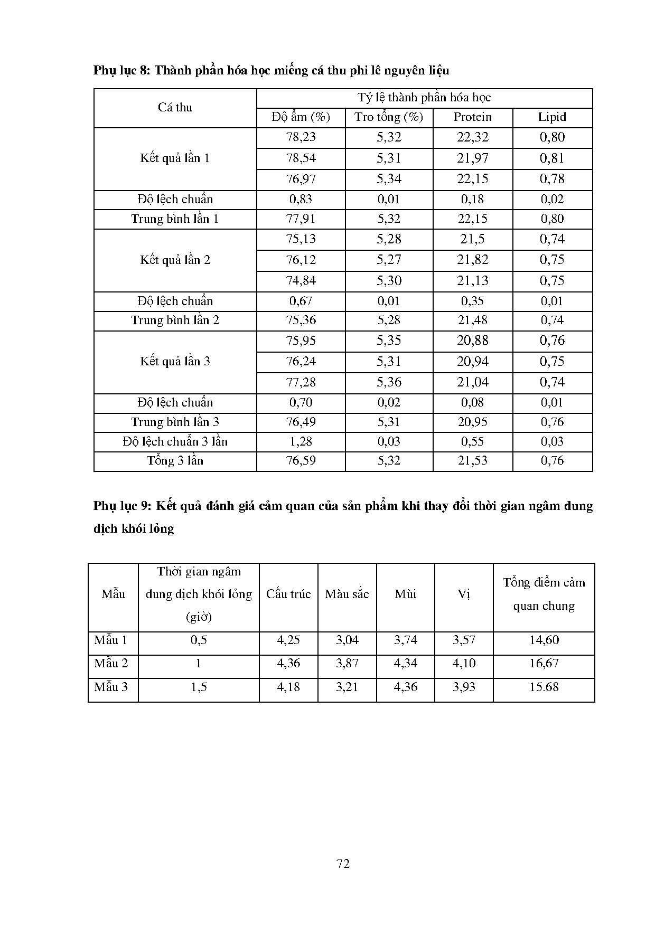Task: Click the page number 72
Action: (343, 864)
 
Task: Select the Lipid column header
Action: (552, 117)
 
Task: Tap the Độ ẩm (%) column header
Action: (301, 117)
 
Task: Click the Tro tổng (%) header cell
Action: (389, 117)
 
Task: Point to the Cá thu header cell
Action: (175, 108)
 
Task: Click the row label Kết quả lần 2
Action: (175, 260)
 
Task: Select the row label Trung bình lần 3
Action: (175, 422)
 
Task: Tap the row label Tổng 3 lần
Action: (175, 461)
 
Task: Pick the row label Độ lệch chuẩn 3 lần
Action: (175, 441)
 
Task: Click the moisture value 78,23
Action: (301, 137)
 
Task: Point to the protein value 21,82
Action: (473, 260)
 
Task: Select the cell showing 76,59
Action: (301, 461)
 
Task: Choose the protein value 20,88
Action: (473, 341)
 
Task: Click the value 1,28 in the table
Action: (301, 441)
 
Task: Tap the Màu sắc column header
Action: (347, 594)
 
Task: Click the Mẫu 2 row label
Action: (111, 664)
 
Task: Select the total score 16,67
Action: (544, 664)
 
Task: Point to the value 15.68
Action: (544, 687)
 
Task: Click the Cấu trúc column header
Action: (288, 594)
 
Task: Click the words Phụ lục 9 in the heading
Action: (122, 506)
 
